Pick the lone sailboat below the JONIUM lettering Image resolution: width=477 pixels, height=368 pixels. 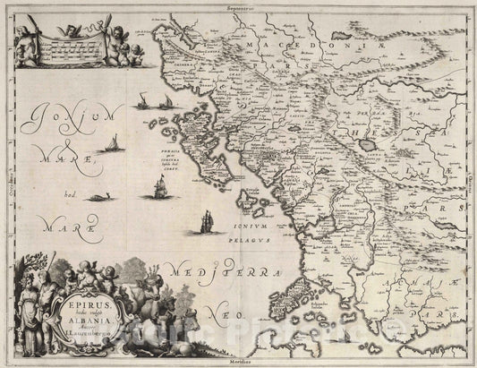coord(111,144)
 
